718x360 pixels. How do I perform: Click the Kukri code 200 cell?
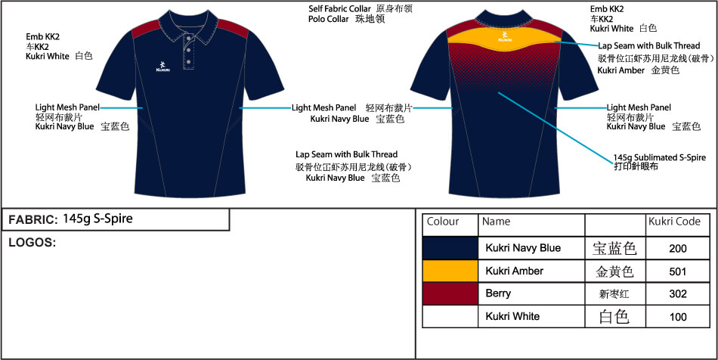tap(677, 247)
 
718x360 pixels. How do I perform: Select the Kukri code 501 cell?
tap(677, 270)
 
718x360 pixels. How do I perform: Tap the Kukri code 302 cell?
tap(677, 293)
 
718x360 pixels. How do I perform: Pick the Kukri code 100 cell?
tap(677, 316)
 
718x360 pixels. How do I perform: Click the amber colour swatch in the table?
tap(450, 270)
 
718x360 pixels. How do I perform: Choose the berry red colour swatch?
tap(450, 293)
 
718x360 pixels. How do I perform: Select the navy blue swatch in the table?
tap(450, 247)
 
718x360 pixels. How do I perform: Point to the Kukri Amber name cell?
tap(514, 271)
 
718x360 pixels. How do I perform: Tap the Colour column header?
tap(443, 222)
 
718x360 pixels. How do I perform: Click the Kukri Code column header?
tap(674, 222)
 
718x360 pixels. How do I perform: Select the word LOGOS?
tap(32, 242)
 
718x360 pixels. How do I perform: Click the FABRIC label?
tap(32, 220)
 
